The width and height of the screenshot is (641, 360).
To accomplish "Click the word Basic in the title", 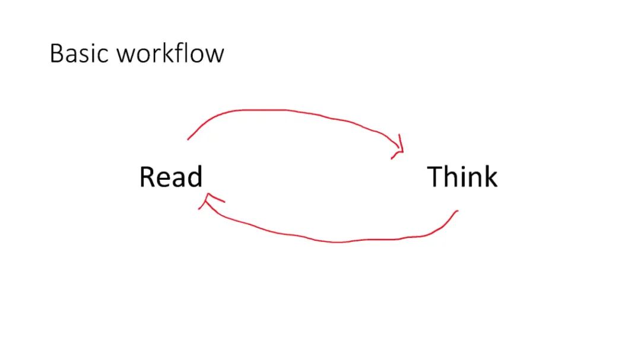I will (x=80, y=53).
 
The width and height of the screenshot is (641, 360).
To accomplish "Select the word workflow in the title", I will (x=170, y=53).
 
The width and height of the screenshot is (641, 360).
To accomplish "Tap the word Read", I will (x=171, y=177).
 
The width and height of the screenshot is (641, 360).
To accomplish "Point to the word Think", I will (x=462, y=177).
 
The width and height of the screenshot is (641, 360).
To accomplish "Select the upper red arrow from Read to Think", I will (x=285, y=111).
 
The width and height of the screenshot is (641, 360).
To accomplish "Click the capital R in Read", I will (x=147, y=177).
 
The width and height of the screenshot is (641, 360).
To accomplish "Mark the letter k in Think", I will (x=490, y=177).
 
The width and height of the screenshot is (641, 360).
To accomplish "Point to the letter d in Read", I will (x=195, y=177).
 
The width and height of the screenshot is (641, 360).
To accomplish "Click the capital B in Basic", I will (x=56, y=53).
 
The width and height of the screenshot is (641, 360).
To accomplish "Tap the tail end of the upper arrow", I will (x=188, y=139).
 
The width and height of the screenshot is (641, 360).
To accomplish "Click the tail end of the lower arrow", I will (x=457, y=211).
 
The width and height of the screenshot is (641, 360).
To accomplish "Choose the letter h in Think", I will (x=453, y=177).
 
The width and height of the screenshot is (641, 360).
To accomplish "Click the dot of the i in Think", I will (x=464, y=168).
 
